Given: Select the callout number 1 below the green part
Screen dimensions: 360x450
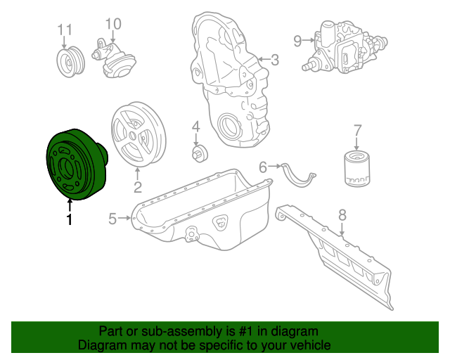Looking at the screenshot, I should coord(69,220).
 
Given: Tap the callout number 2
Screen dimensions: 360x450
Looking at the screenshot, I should coord(138,187).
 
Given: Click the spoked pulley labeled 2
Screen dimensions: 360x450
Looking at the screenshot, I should coord(138,136).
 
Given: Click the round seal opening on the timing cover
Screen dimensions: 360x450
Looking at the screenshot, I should coord(229,129).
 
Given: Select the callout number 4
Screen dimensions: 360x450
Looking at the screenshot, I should coord(196,127).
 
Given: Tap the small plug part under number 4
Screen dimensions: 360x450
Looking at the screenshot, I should coord(198,151).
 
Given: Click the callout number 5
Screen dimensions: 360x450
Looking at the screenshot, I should coord(112,219).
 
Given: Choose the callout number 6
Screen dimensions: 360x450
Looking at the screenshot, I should coord(263,167).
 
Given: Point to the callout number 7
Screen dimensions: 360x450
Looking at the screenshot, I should coord(357,130).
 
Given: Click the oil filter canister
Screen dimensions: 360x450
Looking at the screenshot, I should coord(357,167).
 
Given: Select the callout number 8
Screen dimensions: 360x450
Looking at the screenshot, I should coord(342,215).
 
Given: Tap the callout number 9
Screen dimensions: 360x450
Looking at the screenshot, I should coord(297,41).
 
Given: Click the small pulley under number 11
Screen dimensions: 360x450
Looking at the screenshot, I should coord(69,61).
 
